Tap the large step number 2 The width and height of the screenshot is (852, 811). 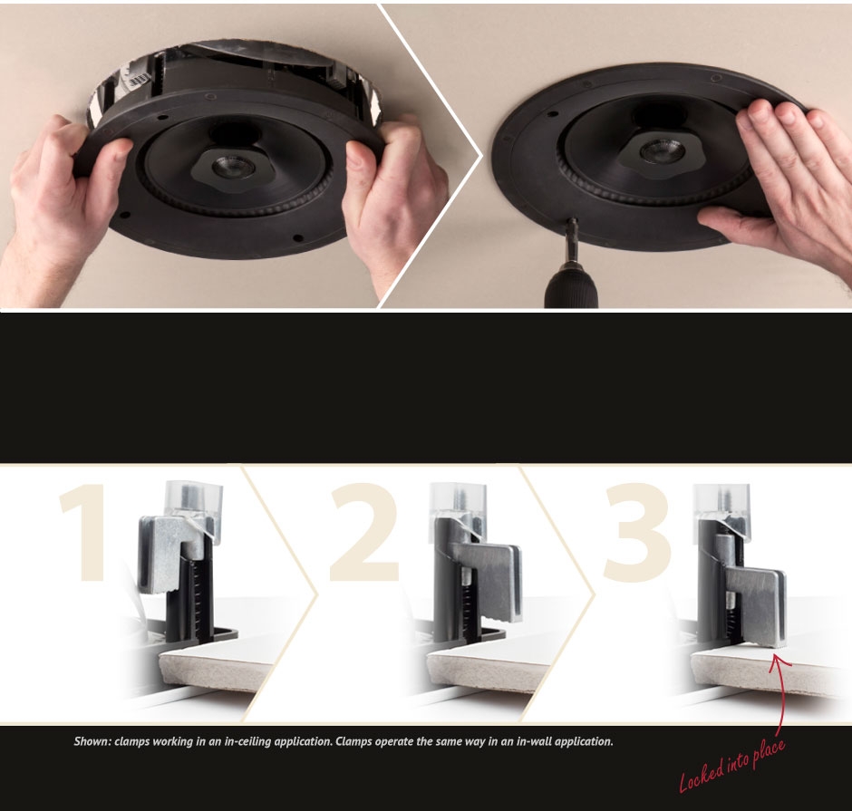point(364,532)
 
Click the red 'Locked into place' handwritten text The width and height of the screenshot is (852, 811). point(732,765)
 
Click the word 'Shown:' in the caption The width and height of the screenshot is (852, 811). point(92,741)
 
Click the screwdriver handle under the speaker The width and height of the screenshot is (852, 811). point(569,286)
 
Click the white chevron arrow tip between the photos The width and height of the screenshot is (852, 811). point(481,155)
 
